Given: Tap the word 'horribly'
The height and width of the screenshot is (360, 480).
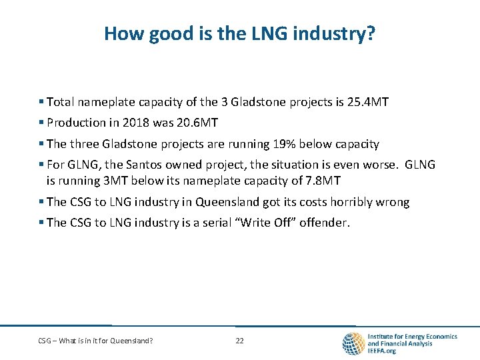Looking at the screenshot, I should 347,202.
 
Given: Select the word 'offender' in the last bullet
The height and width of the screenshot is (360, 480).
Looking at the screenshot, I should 325,223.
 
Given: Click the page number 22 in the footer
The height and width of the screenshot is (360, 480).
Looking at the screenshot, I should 240,341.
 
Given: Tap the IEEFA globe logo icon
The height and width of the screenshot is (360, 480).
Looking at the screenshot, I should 353,343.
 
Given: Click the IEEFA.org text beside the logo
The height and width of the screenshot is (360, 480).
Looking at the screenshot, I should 382,351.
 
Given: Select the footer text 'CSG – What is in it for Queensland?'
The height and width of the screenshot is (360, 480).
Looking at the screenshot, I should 95,341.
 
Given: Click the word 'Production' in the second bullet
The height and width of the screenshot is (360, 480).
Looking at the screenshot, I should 73,123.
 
